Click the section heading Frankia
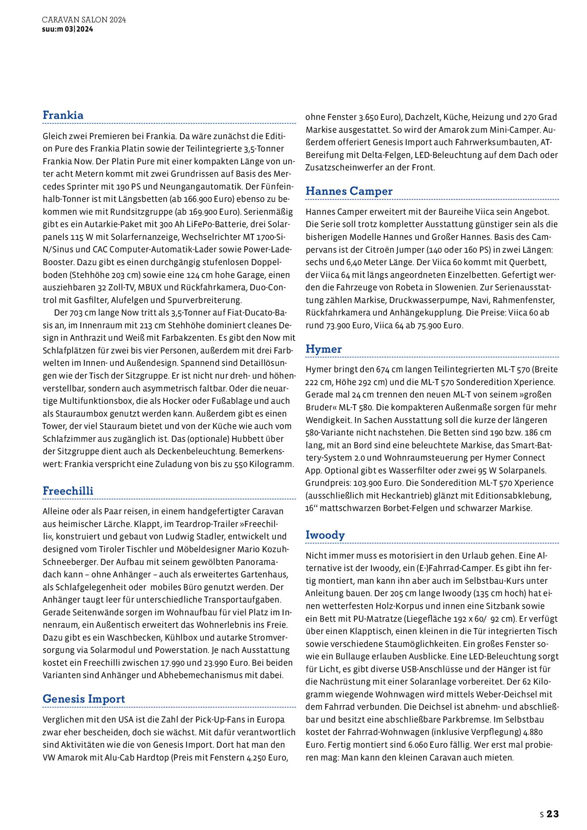pyautogui.click(x=63, y=115)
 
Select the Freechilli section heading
pyautogui.click(x=68, y=490)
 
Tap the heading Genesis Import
pyautogui.click(x=84, y=699)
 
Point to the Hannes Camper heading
pyautogui.click(x=349, y=191)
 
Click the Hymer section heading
pyautogui.click(x=324, y=349)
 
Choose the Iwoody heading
pyautogui.click(x=325, y=535)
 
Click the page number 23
pyautogui.click(x=553, y=814)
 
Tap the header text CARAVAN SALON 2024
pyautogui.click(x=84, y=20)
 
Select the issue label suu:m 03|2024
pyautogui.click(x=68, y=29)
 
